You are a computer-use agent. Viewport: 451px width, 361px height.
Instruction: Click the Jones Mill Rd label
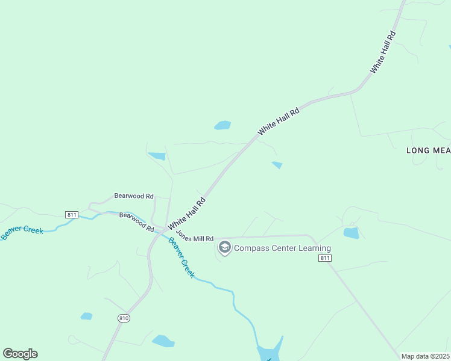pos(195,239)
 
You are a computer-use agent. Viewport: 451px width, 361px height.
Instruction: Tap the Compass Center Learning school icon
pos(225,247)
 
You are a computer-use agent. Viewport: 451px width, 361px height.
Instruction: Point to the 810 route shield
pos(124,317)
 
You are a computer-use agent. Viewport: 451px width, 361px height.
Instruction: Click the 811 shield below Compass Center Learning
pos(325,258)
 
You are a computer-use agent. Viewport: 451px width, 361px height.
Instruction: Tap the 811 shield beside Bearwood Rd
pos(72,214)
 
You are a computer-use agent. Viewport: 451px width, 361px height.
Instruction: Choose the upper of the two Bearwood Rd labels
pos(134,196)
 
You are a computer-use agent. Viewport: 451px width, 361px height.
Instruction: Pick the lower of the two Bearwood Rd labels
pos(137,221)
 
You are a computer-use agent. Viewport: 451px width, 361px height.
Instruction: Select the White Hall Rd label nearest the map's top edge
pos(383,52)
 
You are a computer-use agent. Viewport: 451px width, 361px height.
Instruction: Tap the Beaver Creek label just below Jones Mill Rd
pos(181,258)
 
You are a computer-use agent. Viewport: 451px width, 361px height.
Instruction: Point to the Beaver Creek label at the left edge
pos(22,232)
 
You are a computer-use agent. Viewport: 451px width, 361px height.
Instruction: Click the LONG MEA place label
pos(428,150)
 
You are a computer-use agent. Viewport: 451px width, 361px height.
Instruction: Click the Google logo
pos(20,354)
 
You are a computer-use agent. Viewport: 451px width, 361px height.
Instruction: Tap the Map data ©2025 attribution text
pos(425,356)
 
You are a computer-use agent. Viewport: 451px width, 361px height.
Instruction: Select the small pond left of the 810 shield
pos(87,316)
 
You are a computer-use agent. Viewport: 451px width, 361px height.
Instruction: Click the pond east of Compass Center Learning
pos(351,233)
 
